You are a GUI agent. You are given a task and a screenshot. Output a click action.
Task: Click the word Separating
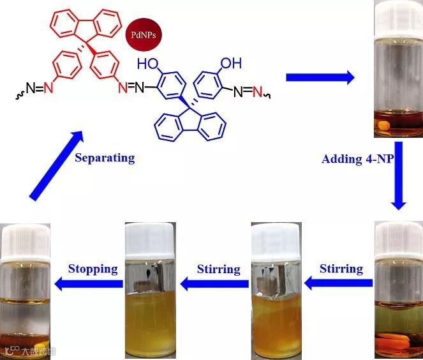(105, 157)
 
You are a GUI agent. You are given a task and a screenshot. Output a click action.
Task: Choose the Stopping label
(93, 268)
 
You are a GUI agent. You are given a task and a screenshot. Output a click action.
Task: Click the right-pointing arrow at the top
(320, 77)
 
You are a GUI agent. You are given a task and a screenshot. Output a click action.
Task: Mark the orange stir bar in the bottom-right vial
(396, 339)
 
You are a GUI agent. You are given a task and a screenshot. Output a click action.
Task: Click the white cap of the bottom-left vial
(26, 240)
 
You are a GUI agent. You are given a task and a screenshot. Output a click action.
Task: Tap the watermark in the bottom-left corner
(29, 350)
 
